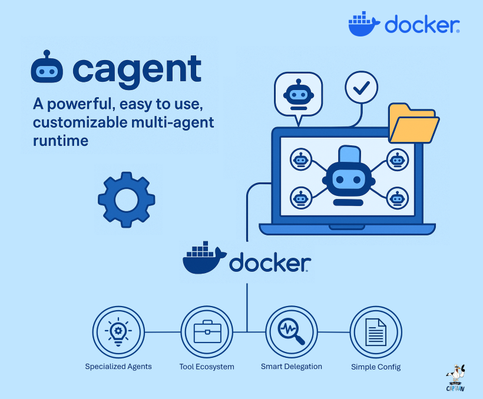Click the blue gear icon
[x=126, y=200]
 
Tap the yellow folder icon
[x=413, y=123]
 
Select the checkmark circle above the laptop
[x=360, y=88]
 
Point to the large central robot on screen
[x=349, y=176]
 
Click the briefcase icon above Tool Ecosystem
[x=207, y=332]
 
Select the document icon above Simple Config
[x=376, y=332]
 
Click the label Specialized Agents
[x=118, y=367]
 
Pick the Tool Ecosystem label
[x=207, y=367]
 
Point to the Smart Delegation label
[x=292, y=366]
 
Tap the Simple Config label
[x=376, y=367]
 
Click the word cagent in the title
[x=137, y=70]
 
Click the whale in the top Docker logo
[x=365, y=25]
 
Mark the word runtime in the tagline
[x=61, y=141]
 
